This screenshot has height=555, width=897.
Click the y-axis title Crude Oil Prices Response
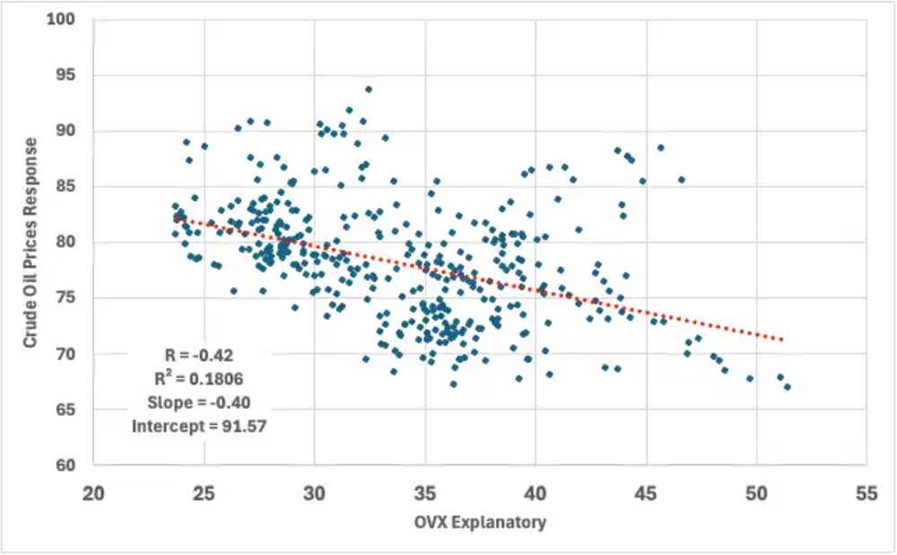click(30, 242)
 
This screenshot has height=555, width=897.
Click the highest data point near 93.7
click(369, 90)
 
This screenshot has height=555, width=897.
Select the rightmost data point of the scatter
click(787, 386)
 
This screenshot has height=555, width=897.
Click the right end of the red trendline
click(783, 340)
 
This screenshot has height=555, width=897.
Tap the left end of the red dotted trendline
click(176, 216)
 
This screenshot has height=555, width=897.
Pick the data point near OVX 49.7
click(750, 378)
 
